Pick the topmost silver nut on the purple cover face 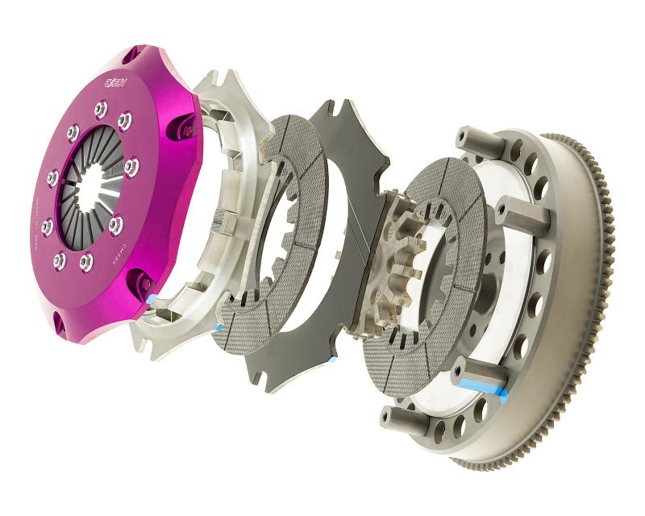pos(100,106)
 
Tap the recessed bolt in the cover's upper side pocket pos(186,129)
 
